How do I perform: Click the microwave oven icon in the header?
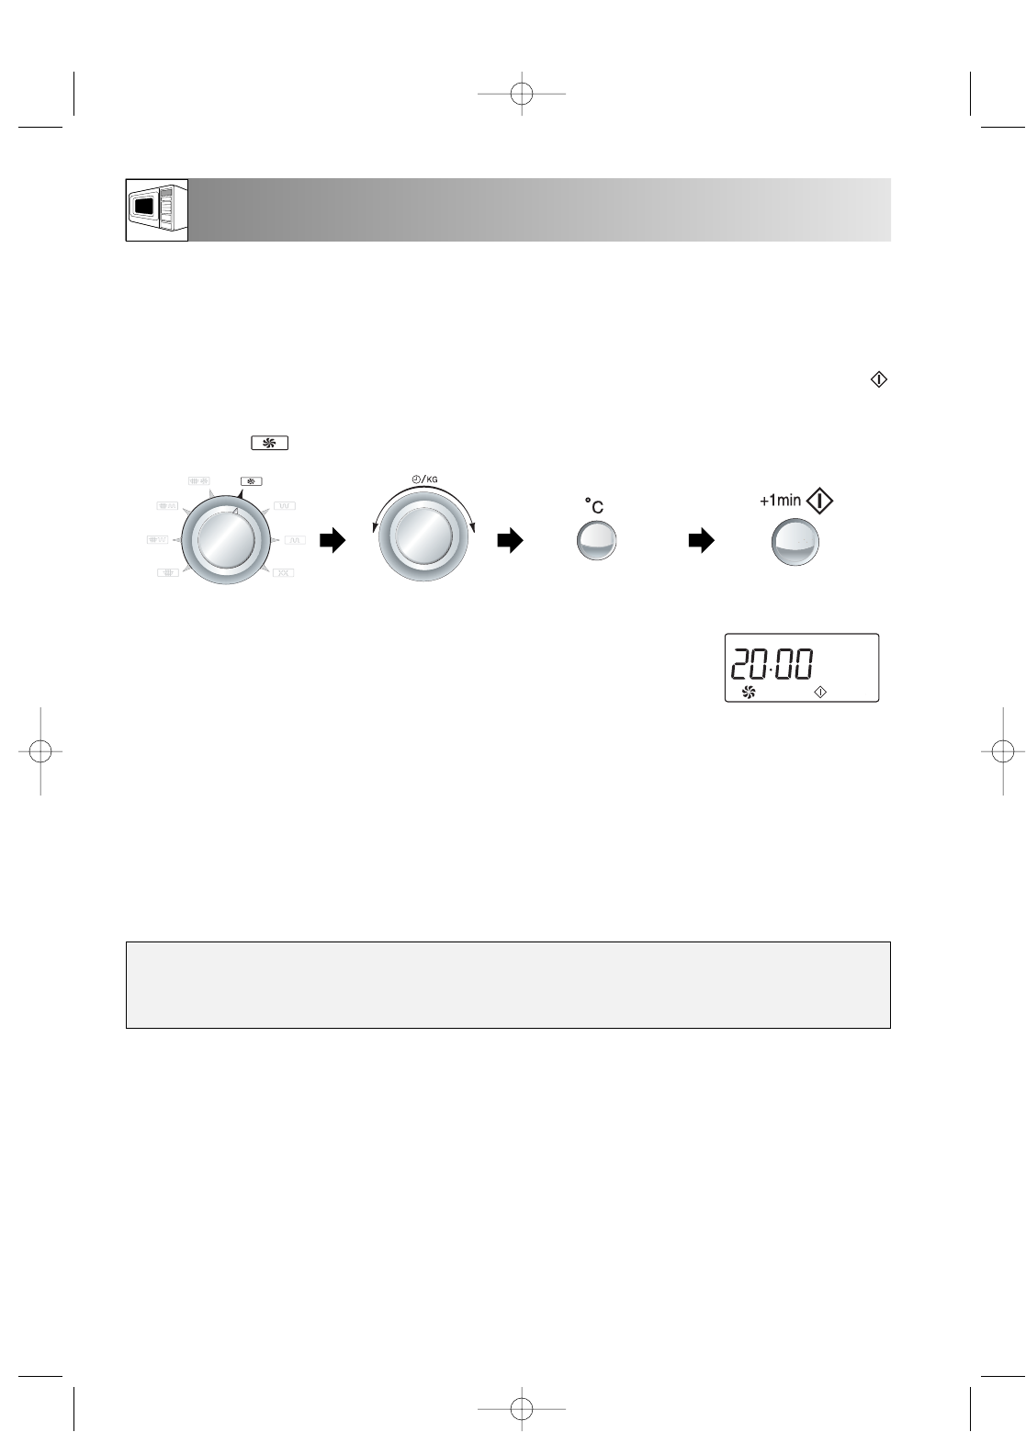157,209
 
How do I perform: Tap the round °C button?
596,541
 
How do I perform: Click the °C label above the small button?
594,506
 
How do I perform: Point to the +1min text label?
780,500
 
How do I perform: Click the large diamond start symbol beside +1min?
819,501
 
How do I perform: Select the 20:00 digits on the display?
772,663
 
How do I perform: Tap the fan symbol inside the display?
749,692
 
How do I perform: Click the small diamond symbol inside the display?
820,693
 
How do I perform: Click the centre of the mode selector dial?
226,539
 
